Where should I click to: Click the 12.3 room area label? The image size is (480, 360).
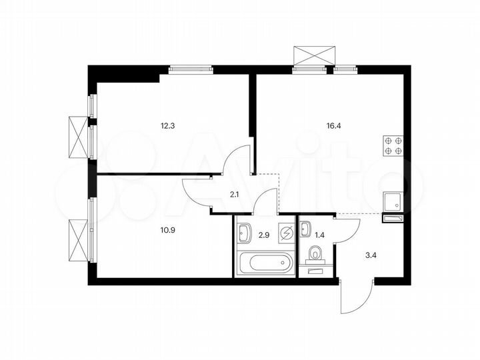pyautogui.click(x=168, y=125)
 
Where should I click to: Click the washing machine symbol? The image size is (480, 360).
pyautogui.click(x=286, y=233)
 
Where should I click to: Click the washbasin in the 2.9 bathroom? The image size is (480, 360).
pyautogui.click(x=244, y=231)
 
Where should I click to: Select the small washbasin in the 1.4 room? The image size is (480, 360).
pyautogui.click(x=306, y=229)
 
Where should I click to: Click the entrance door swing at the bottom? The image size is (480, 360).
pyautogui.click(x=353, y=298)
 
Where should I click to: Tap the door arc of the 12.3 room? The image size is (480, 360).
pyautogui.click(x=237, y=162)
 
